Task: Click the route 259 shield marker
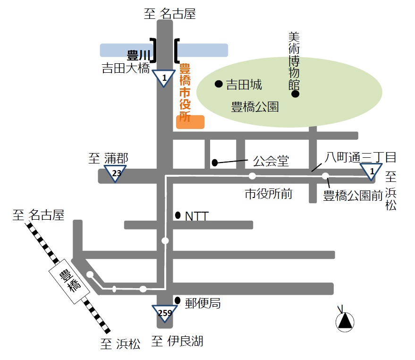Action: pyautogui.click(x=165, y=313)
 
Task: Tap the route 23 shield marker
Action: pyautogui.click(x=115, y=173)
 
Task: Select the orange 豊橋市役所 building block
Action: pyautogui.click(x=190, y=122)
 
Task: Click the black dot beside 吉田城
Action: pyautogui.click(x=219, y=84)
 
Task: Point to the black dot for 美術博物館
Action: pyautogui.click(x=296, y=94)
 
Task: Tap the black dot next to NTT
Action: pyautogui.click(x=178, y=215)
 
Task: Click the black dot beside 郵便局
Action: pyautogui.click(x=178, y=301)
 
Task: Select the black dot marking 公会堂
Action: pyautogui.click(x=215, y=163)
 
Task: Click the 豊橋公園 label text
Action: pyautogui.click(x=254, y=107)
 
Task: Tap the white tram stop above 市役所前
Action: pyautogui.click(x=252, y=176)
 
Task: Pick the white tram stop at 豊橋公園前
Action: pyautogui.click(x=325, y=176)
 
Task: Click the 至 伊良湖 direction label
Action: pyautogui.click(x=177, y=341)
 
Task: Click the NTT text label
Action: pyautogui.click(x=197, y=216)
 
